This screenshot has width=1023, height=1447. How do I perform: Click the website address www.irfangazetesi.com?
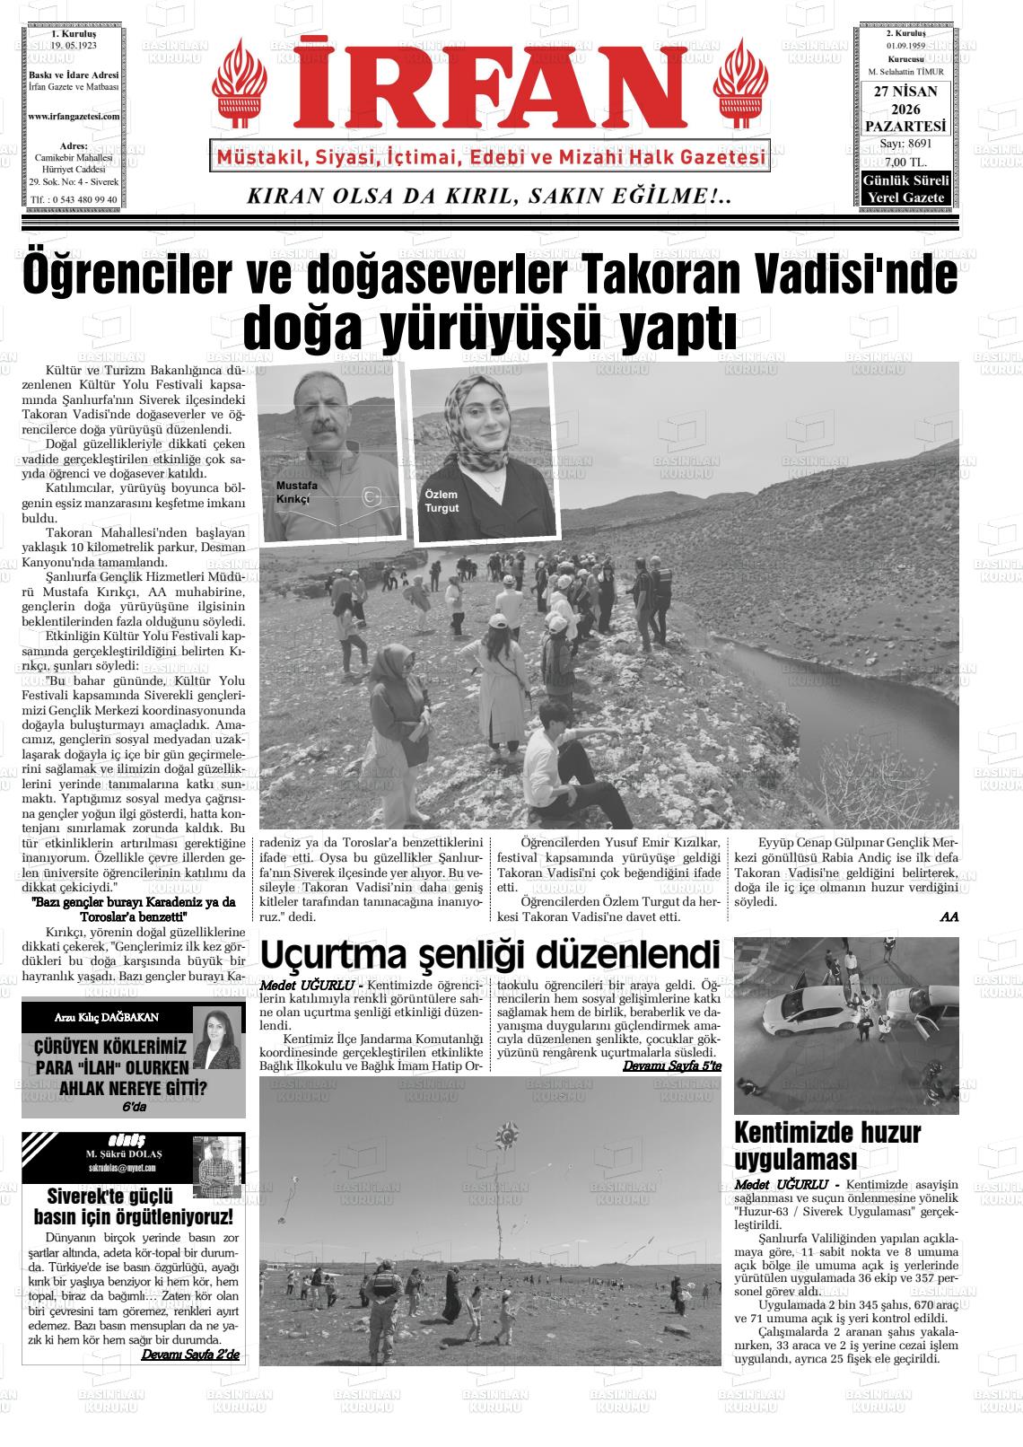(x=74, y=117)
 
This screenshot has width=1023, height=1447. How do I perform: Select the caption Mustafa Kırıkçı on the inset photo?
(x=296, y=492)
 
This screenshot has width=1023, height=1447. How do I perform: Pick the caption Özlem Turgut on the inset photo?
(x=442, y=501)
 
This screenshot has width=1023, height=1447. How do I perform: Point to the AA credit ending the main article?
(x=949, y=916)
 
